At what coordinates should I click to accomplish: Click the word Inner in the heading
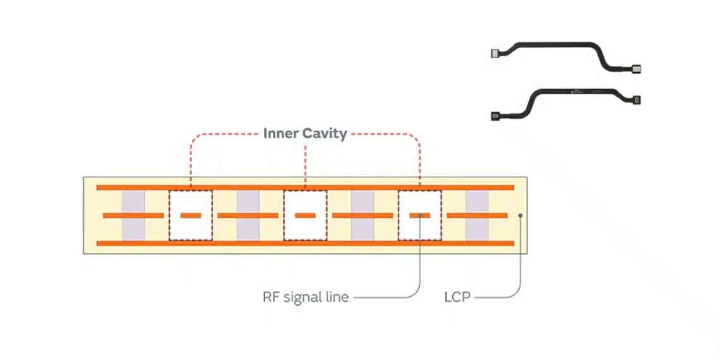[279, 134]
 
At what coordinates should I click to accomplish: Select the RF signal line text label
[305, 296]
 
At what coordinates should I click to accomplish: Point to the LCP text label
[457, 296]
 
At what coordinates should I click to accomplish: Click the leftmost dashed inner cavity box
[191, 215]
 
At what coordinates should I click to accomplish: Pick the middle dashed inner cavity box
[305, 215]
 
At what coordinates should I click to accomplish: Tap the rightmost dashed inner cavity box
[420, 215]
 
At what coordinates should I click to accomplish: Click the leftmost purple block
[133, 215]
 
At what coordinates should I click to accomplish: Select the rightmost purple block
[477, 215]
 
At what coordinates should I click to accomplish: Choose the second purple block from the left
[248, 215]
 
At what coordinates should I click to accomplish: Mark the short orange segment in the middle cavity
[305, 215]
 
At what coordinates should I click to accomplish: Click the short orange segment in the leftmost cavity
[191, 215]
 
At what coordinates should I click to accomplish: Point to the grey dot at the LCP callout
[520, 215]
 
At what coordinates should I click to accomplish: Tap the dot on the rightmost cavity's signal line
[420, 215]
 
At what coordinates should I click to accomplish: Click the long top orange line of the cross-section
[304, 188]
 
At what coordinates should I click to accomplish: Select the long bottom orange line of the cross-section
[304, 243]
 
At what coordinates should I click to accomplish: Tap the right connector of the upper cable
[636, 68]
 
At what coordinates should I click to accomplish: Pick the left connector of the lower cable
[495, 116]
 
